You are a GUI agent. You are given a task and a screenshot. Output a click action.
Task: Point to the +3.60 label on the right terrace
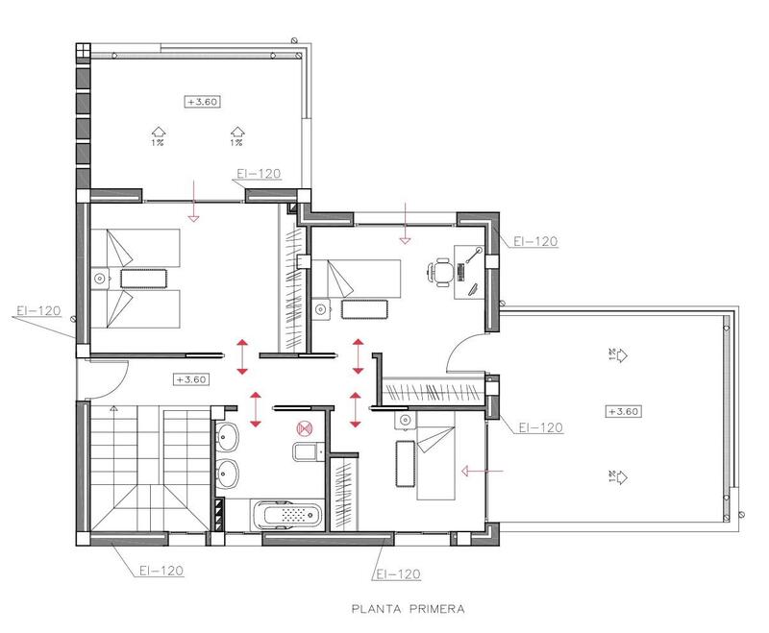[624, 411]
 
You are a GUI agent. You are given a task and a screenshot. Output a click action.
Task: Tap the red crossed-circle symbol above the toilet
[306, 429]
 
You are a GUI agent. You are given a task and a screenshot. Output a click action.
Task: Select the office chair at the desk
[442, 272]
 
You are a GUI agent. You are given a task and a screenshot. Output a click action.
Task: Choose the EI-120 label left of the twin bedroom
[39, 311]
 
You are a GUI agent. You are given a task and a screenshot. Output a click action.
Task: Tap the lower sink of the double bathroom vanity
[227, 474]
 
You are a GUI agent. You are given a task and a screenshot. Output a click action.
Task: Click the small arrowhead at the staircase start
[114, 408]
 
